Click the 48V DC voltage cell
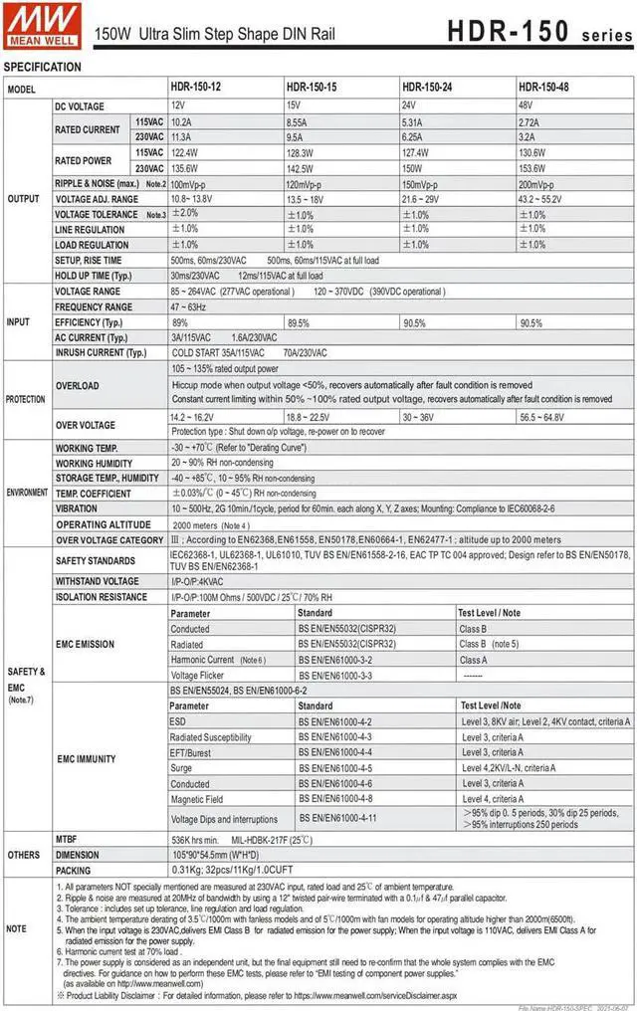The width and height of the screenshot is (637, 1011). pyautogui.click(x=526, y=105)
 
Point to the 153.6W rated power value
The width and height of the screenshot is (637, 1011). pyautogui.click(x=532, y=168)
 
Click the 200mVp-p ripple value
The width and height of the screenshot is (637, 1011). pyautogui.click(x=540, y=184)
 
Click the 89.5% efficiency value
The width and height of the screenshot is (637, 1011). pyautogui.click(x=299, y=322)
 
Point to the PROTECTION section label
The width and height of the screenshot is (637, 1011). pyautogui.click(x=25, y=399)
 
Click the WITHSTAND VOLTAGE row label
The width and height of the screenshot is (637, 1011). pyautogui.click(x=97, y=581)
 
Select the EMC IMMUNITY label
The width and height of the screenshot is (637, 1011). pyautogui.click(x=87, y=758)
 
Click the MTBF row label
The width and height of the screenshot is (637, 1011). pyautogui.click(x=68, y=839)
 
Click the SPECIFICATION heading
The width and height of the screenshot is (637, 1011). pyautogui.click(x=43, y=67)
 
